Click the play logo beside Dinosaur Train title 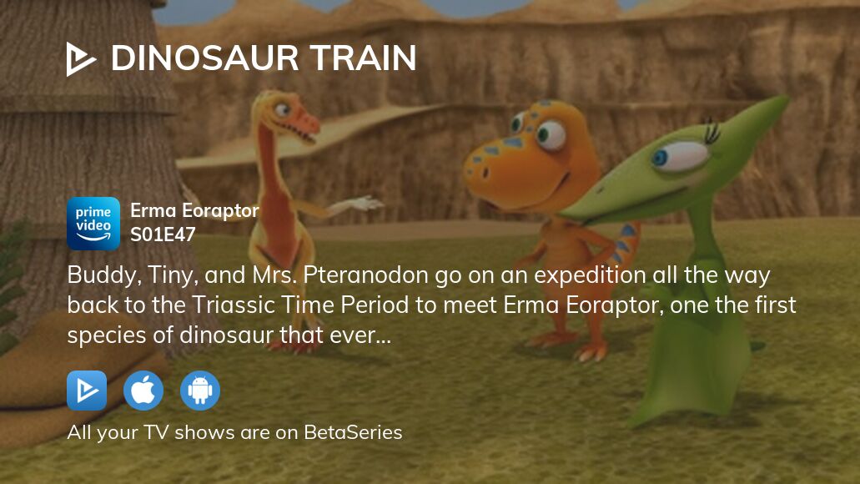[x=80, y=58]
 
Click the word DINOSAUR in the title [x=204, y=58]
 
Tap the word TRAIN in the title [x=363, y=58]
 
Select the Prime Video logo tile [x=93, y=224]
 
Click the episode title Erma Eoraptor [x=194, y=210]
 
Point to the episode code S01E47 [x=163, y=234]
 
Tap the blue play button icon [x=87, y=391]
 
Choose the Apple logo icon [x=143, y=391]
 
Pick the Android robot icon [x=200, y=391]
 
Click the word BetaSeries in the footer [x=353, y=432]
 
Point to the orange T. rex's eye [x=550, y=134]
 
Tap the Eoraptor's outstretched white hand [x=360, y=204]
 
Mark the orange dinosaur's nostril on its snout [x=484, y=174]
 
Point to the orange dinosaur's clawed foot [x=590, y=351]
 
